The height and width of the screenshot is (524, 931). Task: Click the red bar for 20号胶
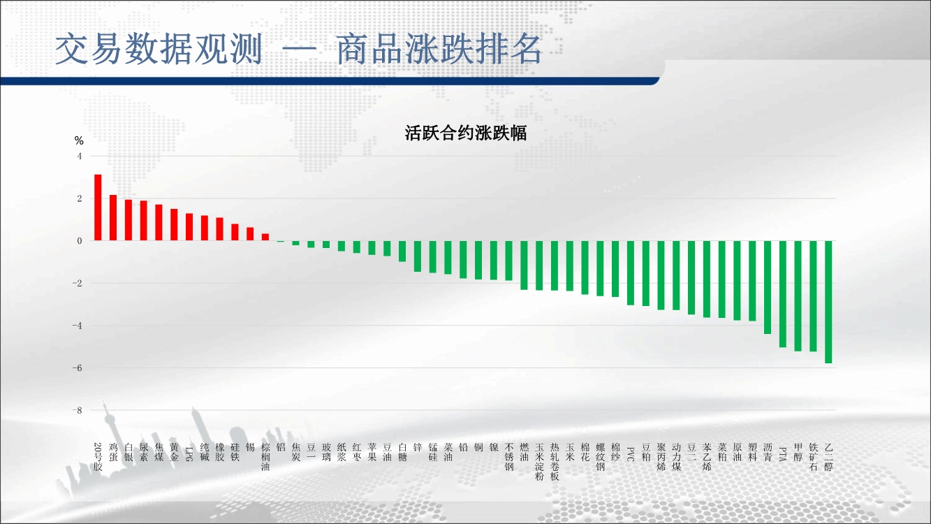point(98,208)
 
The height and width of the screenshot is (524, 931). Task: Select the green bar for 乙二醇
point(828,302)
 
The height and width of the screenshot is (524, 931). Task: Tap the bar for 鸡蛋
point(113,217)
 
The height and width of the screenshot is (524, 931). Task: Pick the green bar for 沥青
point(768,287)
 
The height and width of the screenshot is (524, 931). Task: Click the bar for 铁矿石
point(814,296)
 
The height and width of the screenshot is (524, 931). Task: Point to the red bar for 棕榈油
point(265,237)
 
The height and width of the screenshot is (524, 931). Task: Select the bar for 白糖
point(402,252)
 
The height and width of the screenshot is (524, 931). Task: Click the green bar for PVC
point(631,272)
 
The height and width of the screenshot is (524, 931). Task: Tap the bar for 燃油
point(524,265)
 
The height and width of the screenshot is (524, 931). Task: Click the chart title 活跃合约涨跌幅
point(465,133)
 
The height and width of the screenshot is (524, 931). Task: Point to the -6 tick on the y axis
point(78,368)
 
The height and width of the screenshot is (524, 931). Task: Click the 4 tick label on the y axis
point(80,157)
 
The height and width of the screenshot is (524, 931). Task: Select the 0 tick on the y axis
point(80,241)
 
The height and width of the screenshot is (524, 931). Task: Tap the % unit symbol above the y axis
point(79,141)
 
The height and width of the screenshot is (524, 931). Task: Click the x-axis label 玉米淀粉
point(539,462)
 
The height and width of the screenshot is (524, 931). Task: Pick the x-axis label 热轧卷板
point(555,462)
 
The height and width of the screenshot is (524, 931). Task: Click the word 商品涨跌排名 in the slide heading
point(439,49)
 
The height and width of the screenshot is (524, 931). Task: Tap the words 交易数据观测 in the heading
point(159,49)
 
